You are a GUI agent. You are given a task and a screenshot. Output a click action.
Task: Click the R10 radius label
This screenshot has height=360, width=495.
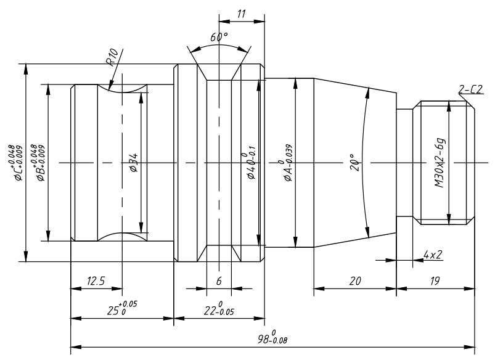point(112,57)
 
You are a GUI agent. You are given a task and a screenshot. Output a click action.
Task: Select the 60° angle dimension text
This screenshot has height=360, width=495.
point(219,37)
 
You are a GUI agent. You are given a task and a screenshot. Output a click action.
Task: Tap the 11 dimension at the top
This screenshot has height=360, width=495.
point(241,14)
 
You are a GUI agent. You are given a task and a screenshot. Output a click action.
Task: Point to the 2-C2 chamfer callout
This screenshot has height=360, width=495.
point(471,89)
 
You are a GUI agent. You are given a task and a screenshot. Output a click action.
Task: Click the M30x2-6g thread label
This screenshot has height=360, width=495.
point(440,163)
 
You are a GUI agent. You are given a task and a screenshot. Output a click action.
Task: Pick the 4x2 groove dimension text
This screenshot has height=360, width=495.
point(433,255)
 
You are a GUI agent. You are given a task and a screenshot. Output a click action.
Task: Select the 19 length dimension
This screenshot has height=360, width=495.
point(435,280)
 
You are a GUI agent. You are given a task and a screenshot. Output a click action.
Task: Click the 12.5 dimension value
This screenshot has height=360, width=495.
point(96,280)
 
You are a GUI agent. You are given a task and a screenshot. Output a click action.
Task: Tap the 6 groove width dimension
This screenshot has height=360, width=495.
point(219,280)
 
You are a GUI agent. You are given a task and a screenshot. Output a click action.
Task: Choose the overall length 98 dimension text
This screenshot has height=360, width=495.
point(272,337)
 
